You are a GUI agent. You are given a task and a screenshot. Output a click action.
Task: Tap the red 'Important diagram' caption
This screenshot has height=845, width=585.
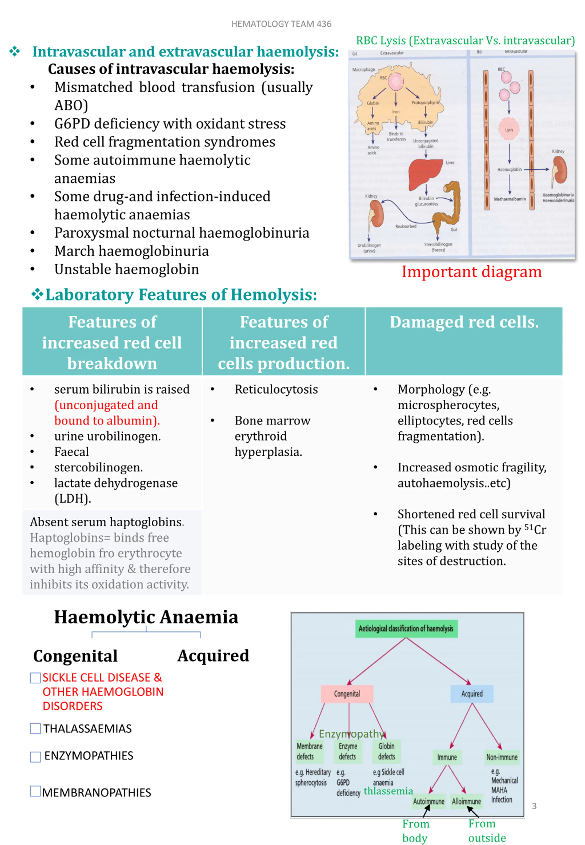pyautogui.click(x=471, y=272)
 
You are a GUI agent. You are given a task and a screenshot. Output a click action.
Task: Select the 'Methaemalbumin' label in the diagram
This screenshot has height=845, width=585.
pyautogui.click(x=510, y=199)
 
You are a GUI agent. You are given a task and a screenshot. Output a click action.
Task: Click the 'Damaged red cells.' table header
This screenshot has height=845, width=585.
pyautogui.click(x=464, y=322)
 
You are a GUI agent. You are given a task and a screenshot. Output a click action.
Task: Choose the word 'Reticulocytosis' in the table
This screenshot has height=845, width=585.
pyautogui.click(x=276, y=389)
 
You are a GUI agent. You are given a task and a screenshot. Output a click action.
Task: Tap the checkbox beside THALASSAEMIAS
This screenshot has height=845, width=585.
pyautogui.click(x=35, y=728)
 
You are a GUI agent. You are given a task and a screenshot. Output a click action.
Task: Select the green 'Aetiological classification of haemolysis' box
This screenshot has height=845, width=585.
pyautogui.click(x=406, y=629)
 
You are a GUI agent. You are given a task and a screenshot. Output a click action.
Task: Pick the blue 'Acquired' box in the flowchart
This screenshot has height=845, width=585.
pyautogui.click(x=472, y=694)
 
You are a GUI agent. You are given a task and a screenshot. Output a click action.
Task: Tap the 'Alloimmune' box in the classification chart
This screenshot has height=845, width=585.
pyautogui.click(x=466, y=801)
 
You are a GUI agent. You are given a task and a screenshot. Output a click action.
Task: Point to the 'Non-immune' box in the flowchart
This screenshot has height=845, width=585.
pyautogui.click(x=502, y=757)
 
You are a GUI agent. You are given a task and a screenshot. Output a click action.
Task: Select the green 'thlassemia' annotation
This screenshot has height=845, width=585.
pyautogui.click(x=388, y=791)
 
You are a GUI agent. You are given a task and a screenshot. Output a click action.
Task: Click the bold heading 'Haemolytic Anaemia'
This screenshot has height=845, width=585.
pyautogui.click(x=146, y=617)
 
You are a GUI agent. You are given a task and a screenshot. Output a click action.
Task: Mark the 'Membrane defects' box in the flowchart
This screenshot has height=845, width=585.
pyautogui.click(x=310, y=751)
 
